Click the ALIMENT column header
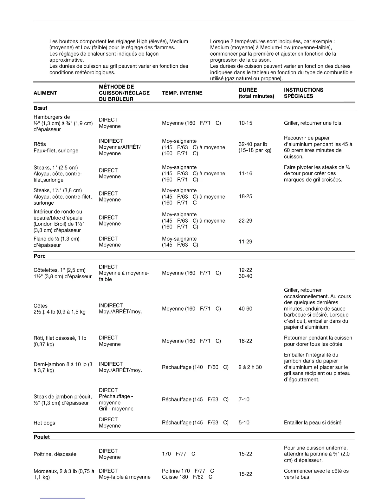(x=45, y=93)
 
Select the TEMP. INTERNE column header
(x=182, y=93)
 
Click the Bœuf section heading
(x=40, y=108)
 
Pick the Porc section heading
(x=40, y=256)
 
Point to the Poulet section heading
(x=42, y=437)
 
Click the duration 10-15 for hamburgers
(x=245, y=123)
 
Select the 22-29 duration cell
(x=245, y=221)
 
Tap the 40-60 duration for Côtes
(x=245, y=309)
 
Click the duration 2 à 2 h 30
(x=250, y=367)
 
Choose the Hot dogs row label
(x=44, y=423)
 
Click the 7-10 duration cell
(x=244, y=399)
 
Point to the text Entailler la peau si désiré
(x=313, y=423)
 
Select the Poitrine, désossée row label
(x=55, y=454)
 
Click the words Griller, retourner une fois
(x=313, y=123)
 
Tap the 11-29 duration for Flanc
(x=245, y=242)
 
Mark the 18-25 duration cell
(x=245, y=196)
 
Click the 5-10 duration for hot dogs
(x=244, y=423)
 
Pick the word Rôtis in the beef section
(x=40, y=144)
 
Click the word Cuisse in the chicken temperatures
(x=170, y=477)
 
